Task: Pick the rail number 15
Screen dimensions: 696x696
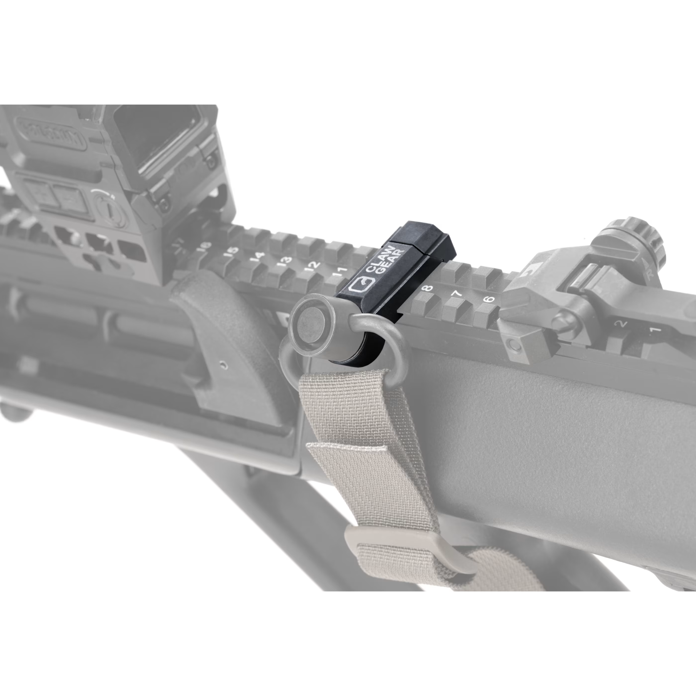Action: (x=230, y=251)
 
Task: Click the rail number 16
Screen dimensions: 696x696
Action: (x=204, y=246)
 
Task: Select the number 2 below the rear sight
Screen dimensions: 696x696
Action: (x=622, y=324)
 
